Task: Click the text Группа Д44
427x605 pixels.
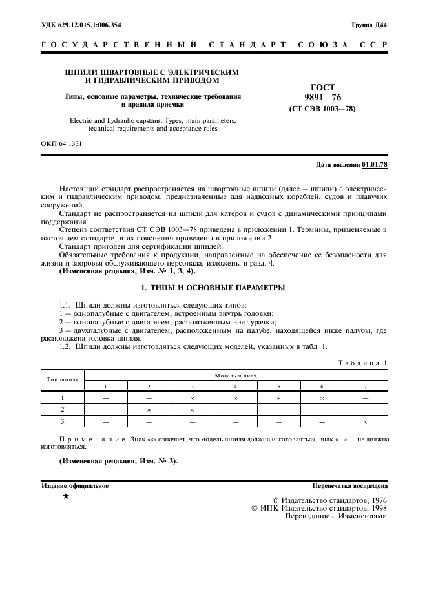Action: coord(369,25)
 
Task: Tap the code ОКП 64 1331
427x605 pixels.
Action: coord(61,143)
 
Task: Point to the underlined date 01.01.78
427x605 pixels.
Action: coord(375,165)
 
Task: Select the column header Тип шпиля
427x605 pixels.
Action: coord(63,379)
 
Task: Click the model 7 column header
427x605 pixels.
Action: coord(365,386)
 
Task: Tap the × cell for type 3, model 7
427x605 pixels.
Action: coord(365,422)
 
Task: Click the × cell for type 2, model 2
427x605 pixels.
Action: coord(149,410)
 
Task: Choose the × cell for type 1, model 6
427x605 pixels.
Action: coord(322,398)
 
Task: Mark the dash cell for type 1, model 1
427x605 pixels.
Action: coord(105,398)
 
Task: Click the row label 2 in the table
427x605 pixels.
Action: coord(63,410)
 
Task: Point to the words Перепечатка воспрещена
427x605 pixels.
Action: coord(349,485)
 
